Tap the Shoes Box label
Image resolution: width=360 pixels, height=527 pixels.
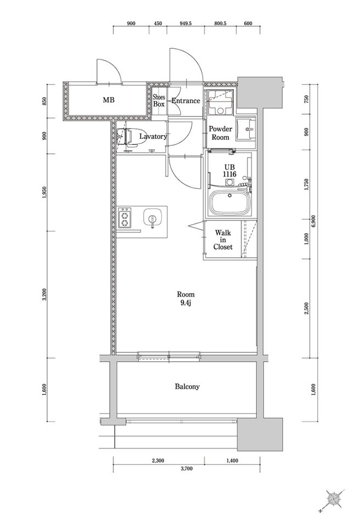click(159, 100)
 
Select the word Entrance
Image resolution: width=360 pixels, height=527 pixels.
click(185, 100)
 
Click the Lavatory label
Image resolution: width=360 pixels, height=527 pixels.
click(153, 136)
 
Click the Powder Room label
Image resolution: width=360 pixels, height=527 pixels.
click(221, 133)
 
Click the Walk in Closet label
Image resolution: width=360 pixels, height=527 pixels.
click(223, 240)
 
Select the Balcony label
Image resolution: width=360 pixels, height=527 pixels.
click(187, 386)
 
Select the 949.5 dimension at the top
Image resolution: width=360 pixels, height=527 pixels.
click(185, 24)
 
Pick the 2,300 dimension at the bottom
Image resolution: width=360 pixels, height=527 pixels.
click(159, 461)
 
